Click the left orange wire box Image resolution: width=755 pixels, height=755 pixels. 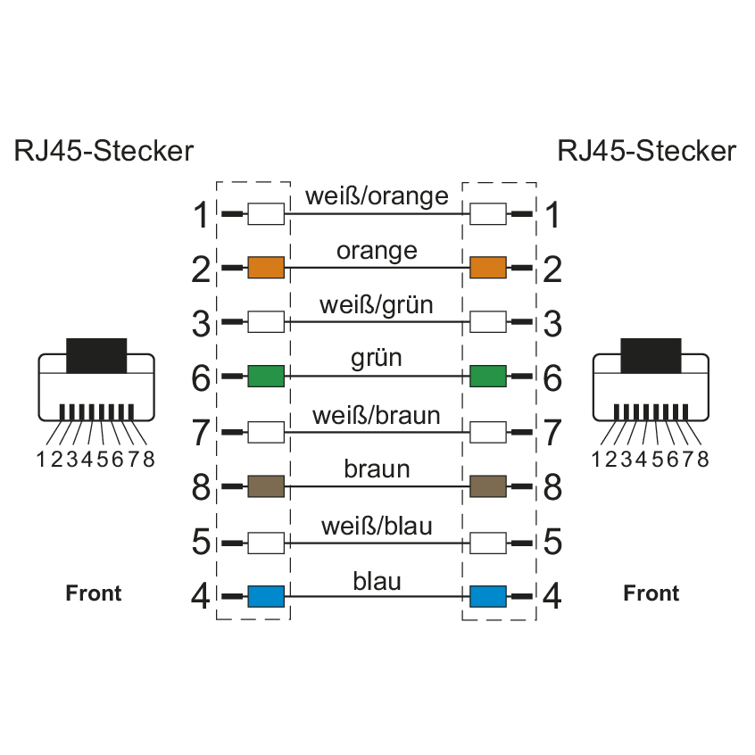click(x=265, y=268)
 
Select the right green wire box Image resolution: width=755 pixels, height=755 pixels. click(x=487, y=377)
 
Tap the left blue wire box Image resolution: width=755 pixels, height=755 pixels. click(x=265, y=595)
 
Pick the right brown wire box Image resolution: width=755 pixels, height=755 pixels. click(x=487, y=486)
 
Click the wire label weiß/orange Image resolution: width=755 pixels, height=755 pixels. click(x=377, y=196)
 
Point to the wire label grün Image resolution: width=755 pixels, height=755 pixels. click(x=377, y=359)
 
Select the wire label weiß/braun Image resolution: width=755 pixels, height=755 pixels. click(x=377, y=415)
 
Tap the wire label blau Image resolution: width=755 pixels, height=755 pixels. click(x=377, y=582)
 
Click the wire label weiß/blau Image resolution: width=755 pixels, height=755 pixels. click(x=377, y=527)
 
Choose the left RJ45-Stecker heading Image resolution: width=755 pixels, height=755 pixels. click(x=104, y=151)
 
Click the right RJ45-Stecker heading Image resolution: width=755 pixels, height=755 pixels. click(x=647, y=151)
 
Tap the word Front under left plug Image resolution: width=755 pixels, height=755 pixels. click(x=94, y=593)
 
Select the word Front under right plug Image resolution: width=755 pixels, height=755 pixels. click(x=651, y=593)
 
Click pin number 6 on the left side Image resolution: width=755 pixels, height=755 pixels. click(x=203, y=378)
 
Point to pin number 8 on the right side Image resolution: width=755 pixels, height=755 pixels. click(x=552, y=488)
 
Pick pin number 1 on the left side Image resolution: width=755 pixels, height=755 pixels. click(x=203, y=216)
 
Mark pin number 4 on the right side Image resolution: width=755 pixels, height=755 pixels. click(x=552, y=596)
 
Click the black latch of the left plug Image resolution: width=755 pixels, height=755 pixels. click(x=96, y=354)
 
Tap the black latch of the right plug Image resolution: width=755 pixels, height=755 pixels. click(x=651, y=354)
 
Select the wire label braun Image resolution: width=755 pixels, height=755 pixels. click(x=377, y=469)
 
